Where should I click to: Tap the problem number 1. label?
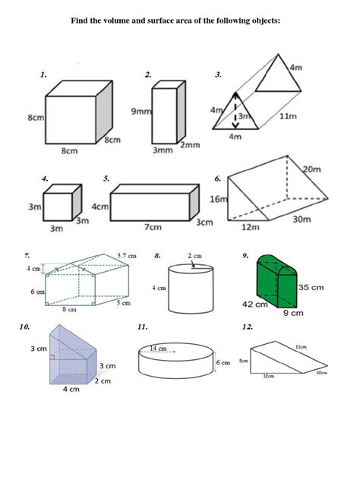[x=44, y=75]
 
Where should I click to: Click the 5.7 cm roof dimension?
[x=127, y=255]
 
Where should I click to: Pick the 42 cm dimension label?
[x=254, y=304]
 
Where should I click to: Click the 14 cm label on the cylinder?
[x=158, y=348]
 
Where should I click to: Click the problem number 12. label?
[x=248, y=327]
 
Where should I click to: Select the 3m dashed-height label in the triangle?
[x=242, y=116]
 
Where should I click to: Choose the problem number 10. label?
[x=26, y=327]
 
